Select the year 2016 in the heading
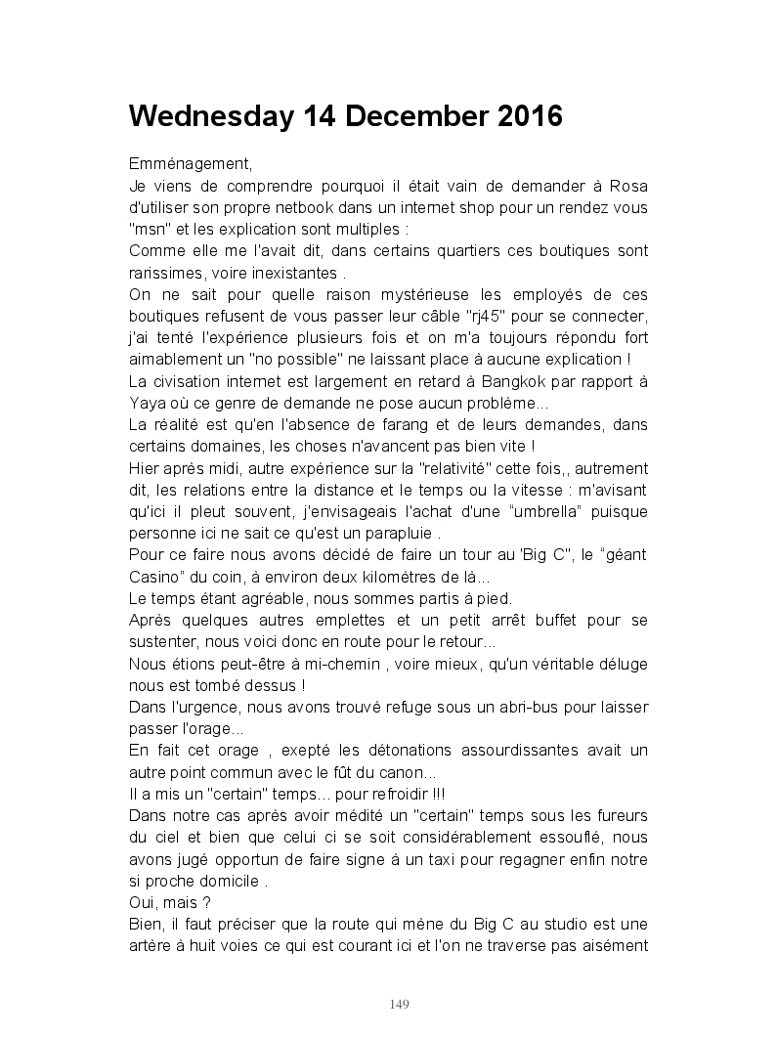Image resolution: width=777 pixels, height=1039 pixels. click(530, 117)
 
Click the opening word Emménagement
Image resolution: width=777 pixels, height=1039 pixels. click(190, 164)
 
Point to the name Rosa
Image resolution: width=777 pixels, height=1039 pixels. click(627, 186)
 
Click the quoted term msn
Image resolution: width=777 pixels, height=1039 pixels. click(147, 229)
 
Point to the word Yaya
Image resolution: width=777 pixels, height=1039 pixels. click(147, 402)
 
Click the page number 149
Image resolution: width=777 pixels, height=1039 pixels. click(399, 1004)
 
